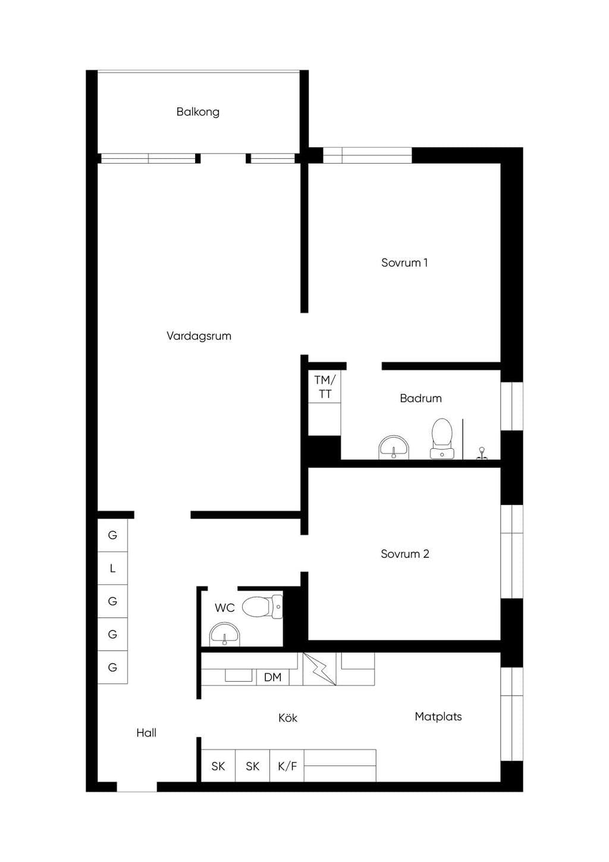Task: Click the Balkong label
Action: tap(197, 112)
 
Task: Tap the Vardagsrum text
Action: tap(199, 336)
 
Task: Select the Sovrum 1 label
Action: tap(404, 263)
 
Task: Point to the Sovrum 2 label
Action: tap(404, 554)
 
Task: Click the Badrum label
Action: tap(420, 398)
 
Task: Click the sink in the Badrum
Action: tap(394, 448)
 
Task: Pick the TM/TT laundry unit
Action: tap(325, 387)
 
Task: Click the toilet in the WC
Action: tap(262, 607)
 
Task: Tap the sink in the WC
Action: tap(225, 635)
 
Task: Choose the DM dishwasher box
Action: tap(272, 677)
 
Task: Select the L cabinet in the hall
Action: tap(112, 569)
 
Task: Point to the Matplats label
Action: tap(438, 717)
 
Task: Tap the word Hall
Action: tap(146, 733)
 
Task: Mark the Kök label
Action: tap(288, 718)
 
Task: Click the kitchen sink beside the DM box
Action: tap(238, 675)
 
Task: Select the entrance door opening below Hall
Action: tap(137, 786)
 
